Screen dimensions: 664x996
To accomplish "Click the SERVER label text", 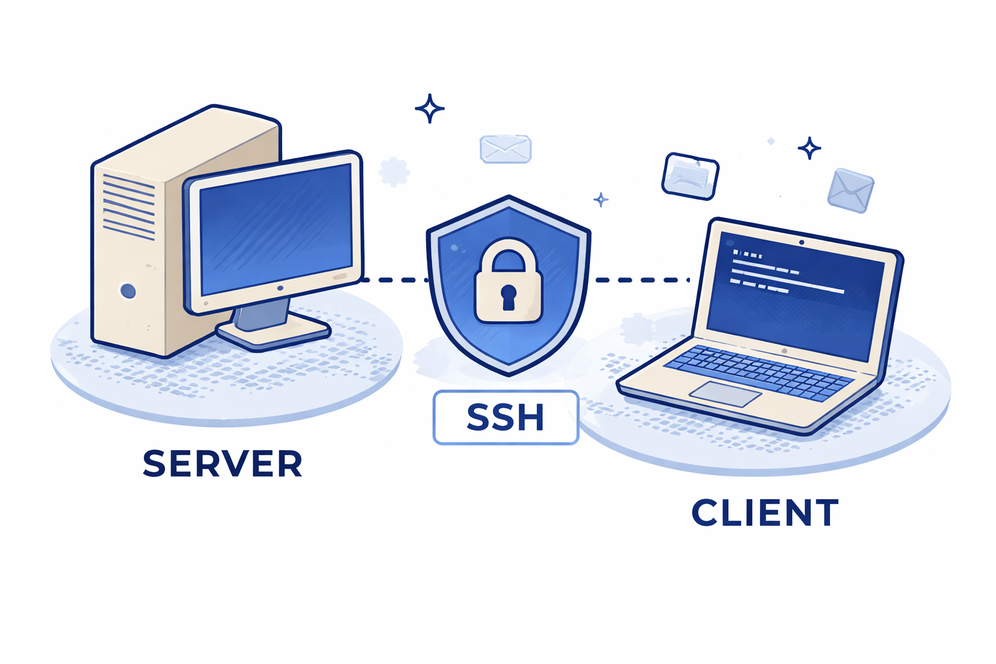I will [222, 464].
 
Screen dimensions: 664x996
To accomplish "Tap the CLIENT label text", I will [765, 513].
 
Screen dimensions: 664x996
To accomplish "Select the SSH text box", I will [505, 418].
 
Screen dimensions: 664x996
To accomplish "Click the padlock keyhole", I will [508, 296].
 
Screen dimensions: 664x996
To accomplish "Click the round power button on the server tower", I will [128, 290].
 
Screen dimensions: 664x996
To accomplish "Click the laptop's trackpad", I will [725, 394].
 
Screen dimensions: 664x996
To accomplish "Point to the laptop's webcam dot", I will [802, 243].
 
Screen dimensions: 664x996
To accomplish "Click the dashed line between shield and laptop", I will [642, 280].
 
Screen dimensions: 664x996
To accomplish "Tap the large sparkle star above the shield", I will [429, 108].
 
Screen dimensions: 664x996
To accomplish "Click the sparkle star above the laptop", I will [809, 148].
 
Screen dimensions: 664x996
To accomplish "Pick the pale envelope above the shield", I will [505, 149].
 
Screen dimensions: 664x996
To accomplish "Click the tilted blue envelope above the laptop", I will [850, 190].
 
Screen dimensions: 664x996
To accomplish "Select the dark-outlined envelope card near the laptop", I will [690, 176].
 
